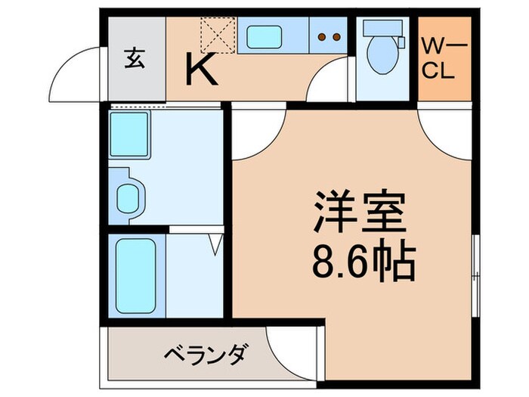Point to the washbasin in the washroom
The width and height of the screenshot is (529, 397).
128,196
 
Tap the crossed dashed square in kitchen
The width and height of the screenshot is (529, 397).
218,33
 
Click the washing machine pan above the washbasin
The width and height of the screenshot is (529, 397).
131,136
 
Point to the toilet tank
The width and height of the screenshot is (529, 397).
376,27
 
